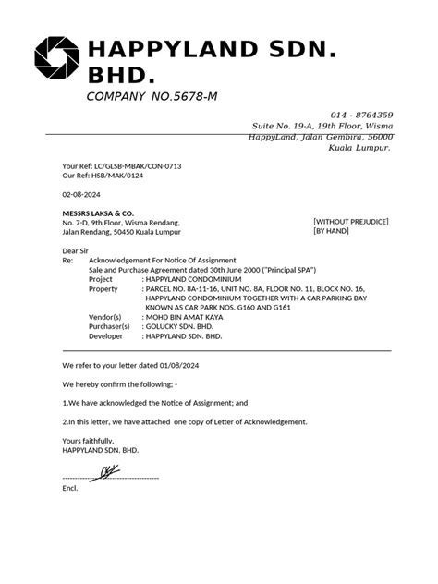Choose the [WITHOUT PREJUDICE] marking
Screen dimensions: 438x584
coord(350,222)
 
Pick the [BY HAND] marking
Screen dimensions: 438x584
coord(335,232)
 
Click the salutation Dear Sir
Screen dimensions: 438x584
coord(79,250)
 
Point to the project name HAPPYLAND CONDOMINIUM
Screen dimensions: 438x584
coord(194,278)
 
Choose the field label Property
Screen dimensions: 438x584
coord(108,288)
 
